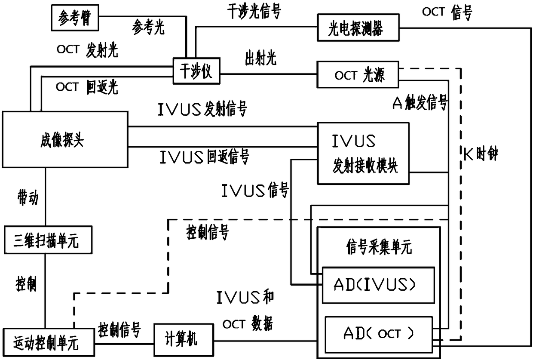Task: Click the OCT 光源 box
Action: tap(358, 76)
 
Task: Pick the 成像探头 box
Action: tap(65, 139)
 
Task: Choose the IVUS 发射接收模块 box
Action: tap(363, 154)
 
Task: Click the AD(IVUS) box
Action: tap(378, 285)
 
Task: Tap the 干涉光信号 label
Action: tap(253, 12)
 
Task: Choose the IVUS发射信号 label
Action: tap(202, 110)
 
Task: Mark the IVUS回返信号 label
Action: tap(204, 157)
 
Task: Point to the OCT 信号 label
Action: tap(447, 13)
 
